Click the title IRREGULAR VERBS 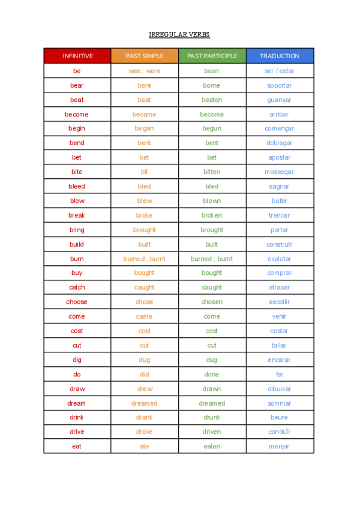click(179, 35)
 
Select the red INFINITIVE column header click(77, 56)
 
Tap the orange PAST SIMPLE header click(144, 56)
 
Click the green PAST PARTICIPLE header click(212, 56)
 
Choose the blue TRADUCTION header click(280, 56)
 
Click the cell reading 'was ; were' click(144, 71)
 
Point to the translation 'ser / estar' click(280, 71)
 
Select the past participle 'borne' click(212, 85)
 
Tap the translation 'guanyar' click(280, 100)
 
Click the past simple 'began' click(144, 128)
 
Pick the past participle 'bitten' click(212, 172)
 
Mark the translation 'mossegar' click(280, 172)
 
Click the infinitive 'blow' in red click(77, 201)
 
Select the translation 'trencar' click(280, 215)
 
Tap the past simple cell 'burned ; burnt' click(144, 259)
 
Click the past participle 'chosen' click(212, 302)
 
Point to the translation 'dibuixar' click(280, 389)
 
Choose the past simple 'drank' click(144, 418)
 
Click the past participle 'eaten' click(212, 447)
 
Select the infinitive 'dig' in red click(77, 360)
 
